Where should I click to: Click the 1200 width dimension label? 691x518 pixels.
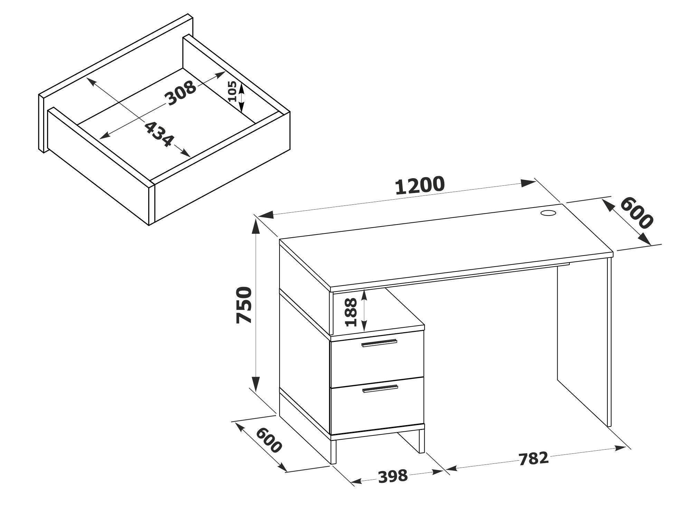click(419, 186)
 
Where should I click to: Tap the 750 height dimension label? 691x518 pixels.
click(244, 305)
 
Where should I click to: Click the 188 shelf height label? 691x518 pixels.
click(351, 313)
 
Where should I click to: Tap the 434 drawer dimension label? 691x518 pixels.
click(159, 134)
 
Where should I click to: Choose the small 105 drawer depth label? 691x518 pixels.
click(232, 91)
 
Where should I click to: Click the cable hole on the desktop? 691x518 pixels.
click(548, 213)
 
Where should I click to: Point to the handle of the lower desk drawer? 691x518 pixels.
click(380, 389)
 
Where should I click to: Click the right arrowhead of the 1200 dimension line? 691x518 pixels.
click(528, 183)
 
